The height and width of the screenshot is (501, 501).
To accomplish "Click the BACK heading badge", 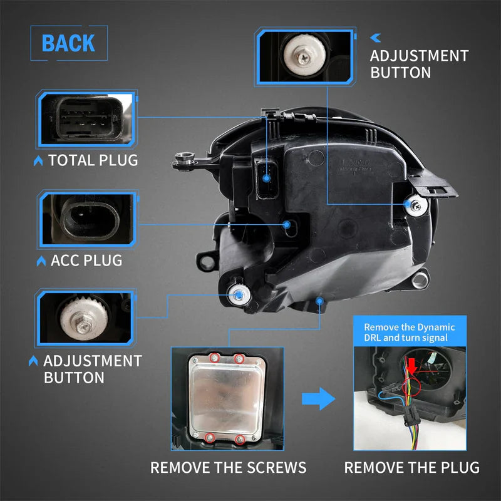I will (x=68, y=43).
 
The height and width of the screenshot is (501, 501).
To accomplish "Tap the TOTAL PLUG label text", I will (x=93, y=160).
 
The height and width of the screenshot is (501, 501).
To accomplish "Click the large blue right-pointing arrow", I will (x=318, y=398).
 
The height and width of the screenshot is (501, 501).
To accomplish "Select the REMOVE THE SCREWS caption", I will (x=228, y=467).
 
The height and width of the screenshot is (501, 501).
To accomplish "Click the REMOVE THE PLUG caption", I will (x=411, y=467).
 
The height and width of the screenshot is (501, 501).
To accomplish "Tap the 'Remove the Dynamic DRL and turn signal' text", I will (x=410, y=332).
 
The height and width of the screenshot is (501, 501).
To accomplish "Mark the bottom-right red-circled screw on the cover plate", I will (x=239, y=436).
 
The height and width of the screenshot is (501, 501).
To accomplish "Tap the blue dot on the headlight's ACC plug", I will (x=287, y=224).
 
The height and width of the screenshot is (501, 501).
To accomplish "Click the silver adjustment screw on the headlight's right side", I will (x=415, y=205).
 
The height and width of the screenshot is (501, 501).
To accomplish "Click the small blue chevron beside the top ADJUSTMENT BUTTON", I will (x=376, y=38).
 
